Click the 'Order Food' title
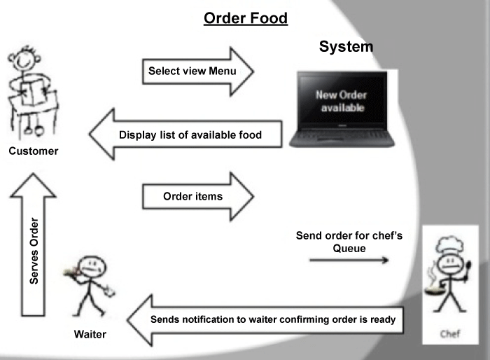[246, 18]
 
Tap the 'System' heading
[346, 47]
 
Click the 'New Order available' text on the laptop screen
[341, 101]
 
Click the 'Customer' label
[34, 151]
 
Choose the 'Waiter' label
[90, 334]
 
